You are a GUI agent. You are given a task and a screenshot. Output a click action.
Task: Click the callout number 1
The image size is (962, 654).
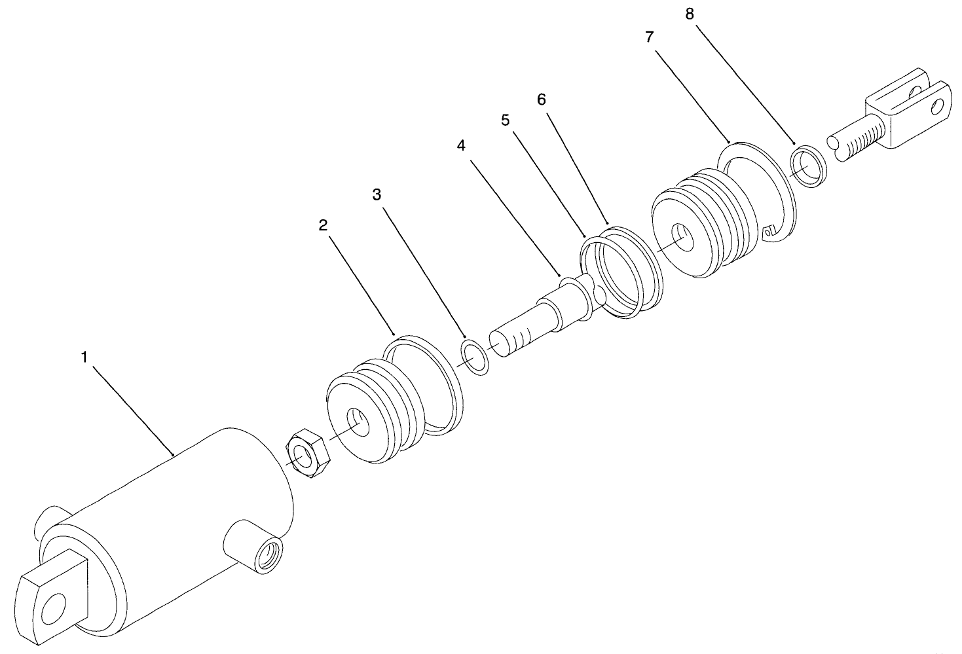coord(84,357)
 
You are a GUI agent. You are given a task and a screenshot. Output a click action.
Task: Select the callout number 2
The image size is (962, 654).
coord(323,225)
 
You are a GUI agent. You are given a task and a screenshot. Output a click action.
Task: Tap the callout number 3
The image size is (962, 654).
coord(377,194)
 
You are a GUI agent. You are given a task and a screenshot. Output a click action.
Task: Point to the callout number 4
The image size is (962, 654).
coord(461,146)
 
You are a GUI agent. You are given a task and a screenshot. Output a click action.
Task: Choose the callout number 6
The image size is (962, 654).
coord(541,99)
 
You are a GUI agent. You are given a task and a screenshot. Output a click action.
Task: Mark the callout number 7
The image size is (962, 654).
coord(649,37)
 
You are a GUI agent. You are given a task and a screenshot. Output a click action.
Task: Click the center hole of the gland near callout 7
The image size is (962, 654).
coord(683,238)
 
